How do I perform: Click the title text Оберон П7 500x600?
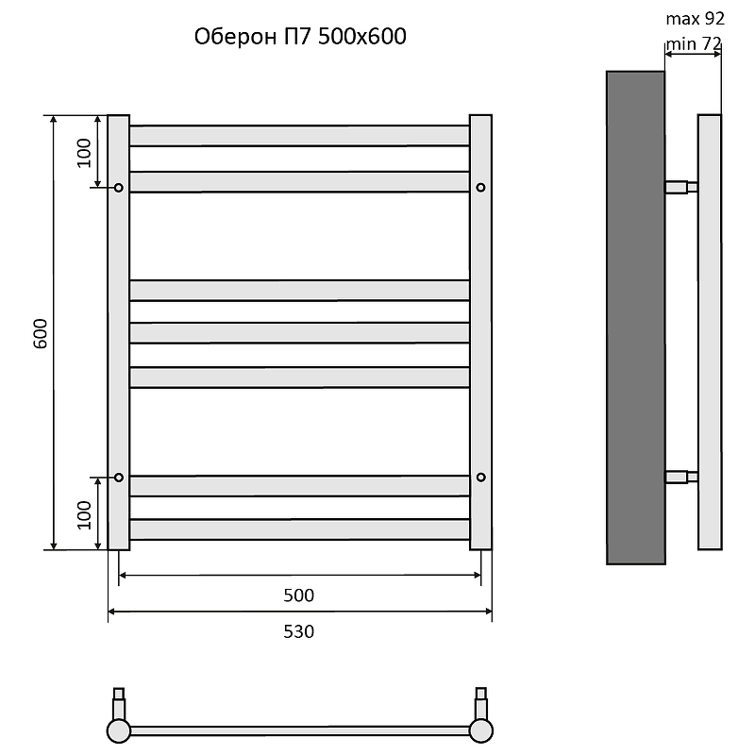click(x=300, y=37)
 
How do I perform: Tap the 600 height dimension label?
click(x=41, y=333)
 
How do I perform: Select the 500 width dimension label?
click(x=298, y=596)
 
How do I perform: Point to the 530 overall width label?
click(x=298, y=631)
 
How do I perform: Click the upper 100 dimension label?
click(x=84, y=153)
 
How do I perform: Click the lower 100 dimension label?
click(x=84, y=514)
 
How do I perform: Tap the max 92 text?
click(x=695, y=19)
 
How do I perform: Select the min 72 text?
click(x=694, y=43)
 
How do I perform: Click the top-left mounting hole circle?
click(x=119, y=187)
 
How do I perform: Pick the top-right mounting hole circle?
click(x=480, y=187)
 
